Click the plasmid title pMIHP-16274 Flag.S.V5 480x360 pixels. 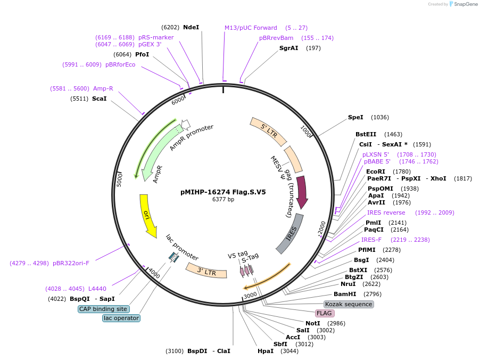[x=223, y=192]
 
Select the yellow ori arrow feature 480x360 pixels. [x=147, y=214]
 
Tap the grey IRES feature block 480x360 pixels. [x=291, y=234]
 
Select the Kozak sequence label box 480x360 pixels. [x=349, y=304]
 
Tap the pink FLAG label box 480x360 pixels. [x=324, y=313]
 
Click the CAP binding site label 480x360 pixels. [x=103, y=309]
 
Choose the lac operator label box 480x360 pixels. [x=121, y=318]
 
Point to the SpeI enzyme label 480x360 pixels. [x=355, y=117]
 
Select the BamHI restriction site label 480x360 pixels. [x=345, y=294]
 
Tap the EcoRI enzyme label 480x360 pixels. [x=376, y=171]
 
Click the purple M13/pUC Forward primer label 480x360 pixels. [x=251, y=28]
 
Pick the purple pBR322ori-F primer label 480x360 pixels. [x=71, y=263]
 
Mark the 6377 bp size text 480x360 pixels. [x=223, y=200]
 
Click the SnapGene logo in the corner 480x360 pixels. [x=462, y=4]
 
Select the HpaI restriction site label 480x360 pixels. [x=265, y=351]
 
